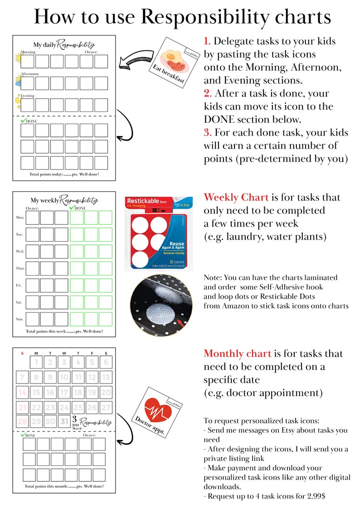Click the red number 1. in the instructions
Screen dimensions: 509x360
(x=207, y=41)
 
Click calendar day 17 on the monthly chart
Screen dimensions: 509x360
(x=64, y=393)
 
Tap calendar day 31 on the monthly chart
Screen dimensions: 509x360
(x=64, y=422)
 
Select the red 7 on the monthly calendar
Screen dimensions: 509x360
(x=22, y=377)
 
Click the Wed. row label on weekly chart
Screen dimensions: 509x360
(x=20, y=251)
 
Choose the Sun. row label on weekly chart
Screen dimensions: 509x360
(x=20, y=319)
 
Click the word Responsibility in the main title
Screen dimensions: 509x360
(x=235, y=17)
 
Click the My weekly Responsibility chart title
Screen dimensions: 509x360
(x=64, y=200)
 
